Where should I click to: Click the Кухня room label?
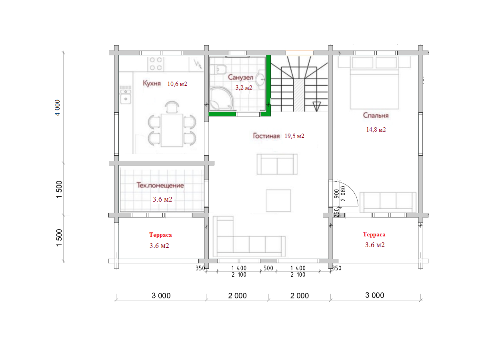tap(152, 83)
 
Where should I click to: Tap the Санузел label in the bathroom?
tap(240, 77)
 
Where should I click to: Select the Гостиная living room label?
tap(266, 136)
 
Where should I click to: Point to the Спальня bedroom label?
tap(376, 116)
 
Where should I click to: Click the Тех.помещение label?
tap(160, 185)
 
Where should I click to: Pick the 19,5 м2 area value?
tap(294, 136)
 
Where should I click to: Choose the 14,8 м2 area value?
tap(376, 129)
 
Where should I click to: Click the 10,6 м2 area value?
tap(177, 84)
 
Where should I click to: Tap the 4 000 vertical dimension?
tap(57, 108)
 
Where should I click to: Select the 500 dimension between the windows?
tap(268, 268)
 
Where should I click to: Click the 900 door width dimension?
tap(337, 194)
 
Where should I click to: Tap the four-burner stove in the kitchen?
tap(156, 64)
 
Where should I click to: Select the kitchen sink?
tap(126, 96)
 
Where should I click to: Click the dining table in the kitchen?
tap(172, 130)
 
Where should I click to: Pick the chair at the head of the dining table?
tap(172, 107)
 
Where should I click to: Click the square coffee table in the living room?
tap(278, 201)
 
